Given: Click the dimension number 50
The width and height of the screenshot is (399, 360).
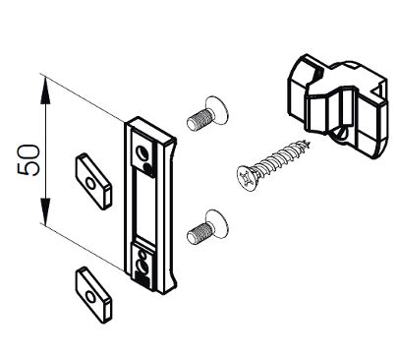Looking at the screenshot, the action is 28,160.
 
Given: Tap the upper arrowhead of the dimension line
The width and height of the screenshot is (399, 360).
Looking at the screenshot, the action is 45,90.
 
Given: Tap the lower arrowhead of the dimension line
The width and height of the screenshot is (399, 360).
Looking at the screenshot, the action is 45,210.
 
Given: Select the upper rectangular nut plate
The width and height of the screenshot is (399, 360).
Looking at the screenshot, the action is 93,181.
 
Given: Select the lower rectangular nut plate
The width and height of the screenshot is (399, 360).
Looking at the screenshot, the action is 93,295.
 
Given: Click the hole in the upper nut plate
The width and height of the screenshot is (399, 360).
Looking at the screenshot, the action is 90,184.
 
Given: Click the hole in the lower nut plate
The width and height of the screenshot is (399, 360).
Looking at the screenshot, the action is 90,297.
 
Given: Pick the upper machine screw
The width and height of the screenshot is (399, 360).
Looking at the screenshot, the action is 207,114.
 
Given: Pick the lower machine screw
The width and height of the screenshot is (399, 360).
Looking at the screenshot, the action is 207,227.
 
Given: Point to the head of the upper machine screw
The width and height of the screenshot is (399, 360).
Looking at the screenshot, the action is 216,110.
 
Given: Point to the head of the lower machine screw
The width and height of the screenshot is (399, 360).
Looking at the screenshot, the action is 216,223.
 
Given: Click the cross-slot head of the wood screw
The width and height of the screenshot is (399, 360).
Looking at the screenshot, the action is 247,178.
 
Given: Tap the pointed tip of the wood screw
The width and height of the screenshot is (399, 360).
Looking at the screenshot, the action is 309,143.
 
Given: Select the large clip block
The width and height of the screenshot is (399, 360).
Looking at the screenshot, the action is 338,106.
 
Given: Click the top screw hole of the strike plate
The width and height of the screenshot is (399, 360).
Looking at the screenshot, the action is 142,152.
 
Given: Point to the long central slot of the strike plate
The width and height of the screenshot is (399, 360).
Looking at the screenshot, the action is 144,205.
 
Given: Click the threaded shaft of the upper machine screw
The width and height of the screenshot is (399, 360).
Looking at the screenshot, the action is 199,118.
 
